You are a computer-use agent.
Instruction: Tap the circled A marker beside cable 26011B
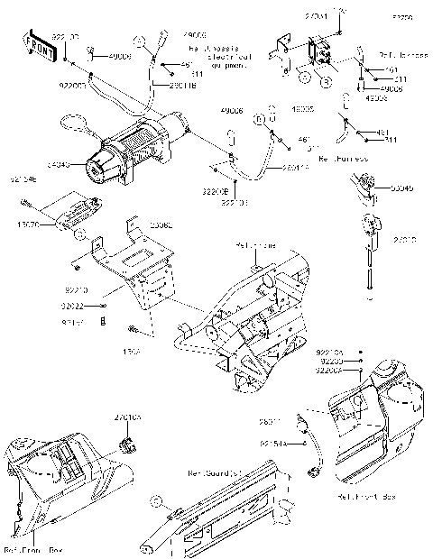click(140, 41)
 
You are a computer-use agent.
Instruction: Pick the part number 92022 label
click(74, 307)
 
